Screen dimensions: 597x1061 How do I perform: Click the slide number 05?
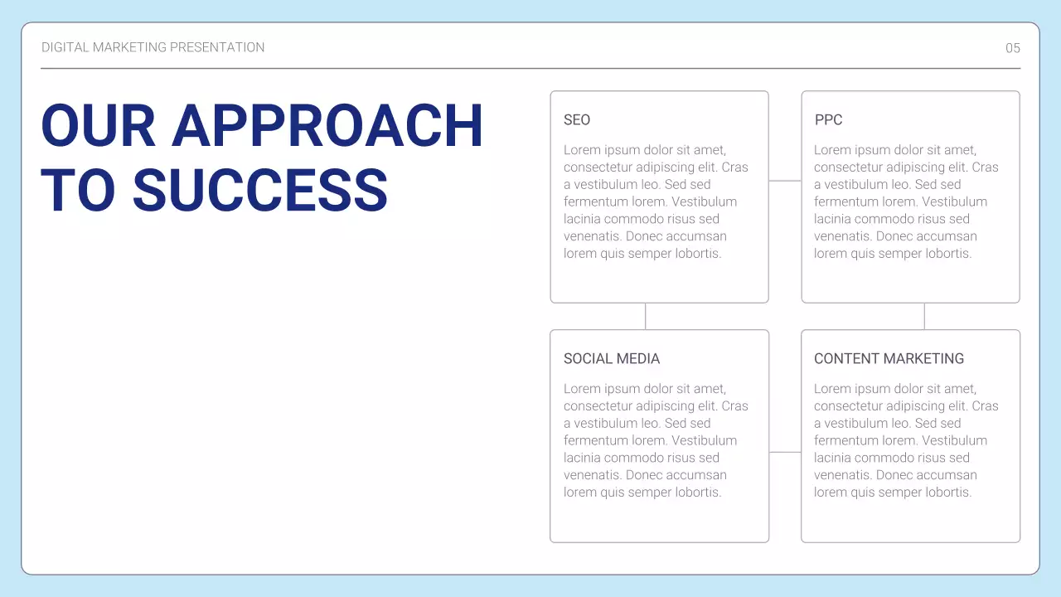pyautogui.click(x=1013, y=48)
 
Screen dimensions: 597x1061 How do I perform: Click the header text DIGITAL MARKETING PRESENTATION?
pyautogui.click(x=153, y=47)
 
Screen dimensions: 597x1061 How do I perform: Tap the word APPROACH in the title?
pyautogui.click(x=327, y=126)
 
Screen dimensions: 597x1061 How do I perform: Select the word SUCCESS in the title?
pyautogui.click(x=260, y=190)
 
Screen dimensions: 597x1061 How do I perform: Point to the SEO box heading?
pyautogui.click(x=577, y=120)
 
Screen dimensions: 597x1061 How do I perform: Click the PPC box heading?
pyautogui.click(x=828, y=120)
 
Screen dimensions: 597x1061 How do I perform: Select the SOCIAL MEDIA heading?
pyautogui.click(x=612, y=359)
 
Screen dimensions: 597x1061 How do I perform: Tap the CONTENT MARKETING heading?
pyautogui.click(x=889, y=359)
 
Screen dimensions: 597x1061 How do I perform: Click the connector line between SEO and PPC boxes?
pyautogui.click(x=785, y=181)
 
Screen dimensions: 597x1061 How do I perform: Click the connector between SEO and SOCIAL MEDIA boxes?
pyautogui.click(x=646, y=316)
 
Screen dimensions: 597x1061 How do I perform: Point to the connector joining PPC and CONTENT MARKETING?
pyautogui.click(x=924, y=316)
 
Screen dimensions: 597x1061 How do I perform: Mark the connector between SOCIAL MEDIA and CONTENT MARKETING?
pyautogui.click(x=785, y=452)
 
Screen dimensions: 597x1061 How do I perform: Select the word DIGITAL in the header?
pyautogui.click(x=65, y=47)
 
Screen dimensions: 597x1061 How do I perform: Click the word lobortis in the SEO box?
pyautogui.click(x=695, y=254)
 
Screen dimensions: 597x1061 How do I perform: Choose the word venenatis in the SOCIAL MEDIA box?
pyautogui.click(x=592, y=475)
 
